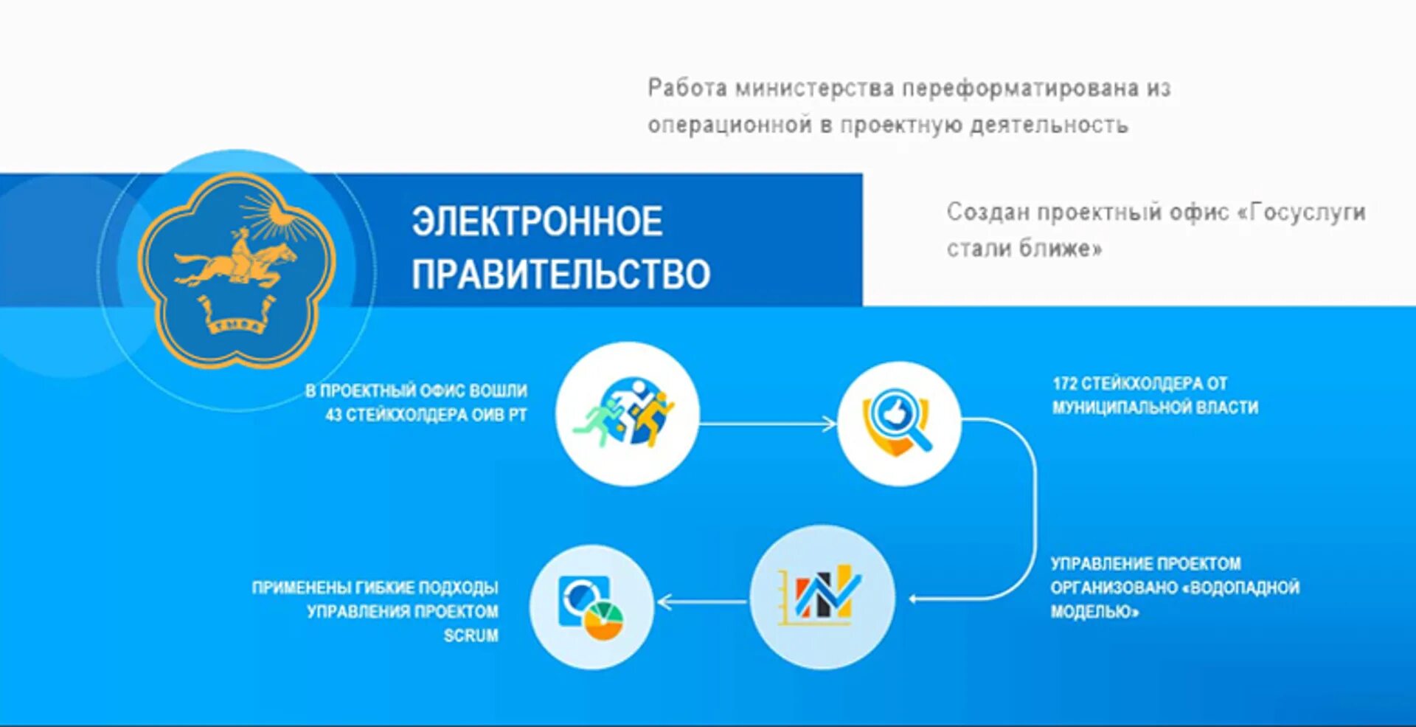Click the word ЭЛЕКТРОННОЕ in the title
(x=537, y=222)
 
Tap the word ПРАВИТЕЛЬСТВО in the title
(x=560, y=275)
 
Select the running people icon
(x=627, y=413)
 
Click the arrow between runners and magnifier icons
(x=767, y=424)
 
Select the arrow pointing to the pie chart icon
(x=701, y=602)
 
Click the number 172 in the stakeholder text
(x=1065, y=384)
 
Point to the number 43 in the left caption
(x=333, y=416)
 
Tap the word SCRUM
(x=471, y=635)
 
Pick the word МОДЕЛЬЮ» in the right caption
(x=1094, y=612)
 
